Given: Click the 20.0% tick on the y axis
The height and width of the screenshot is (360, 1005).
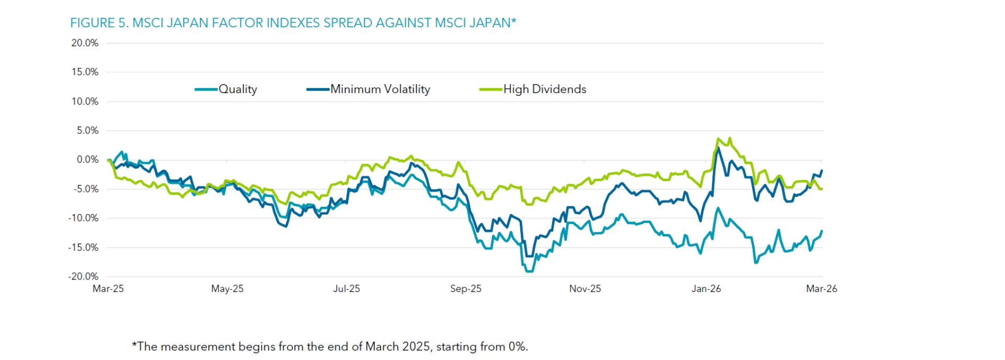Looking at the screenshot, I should [x=85, y=43].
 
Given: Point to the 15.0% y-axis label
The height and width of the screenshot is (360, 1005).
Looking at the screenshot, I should [x=85, y=72].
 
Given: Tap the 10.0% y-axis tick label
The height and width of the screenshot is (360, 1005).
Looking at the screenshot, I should [x=85, y=102].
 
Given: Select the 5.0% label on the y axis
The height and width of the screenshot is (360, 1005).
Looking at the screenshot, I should [x=87, y=130].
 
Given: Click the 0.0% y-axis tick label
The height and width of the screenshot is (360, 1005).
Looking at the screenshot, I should [x=87, y=160].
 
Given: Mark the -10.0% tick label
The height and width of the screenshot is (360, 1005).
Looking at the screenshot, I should [x=84, y=218].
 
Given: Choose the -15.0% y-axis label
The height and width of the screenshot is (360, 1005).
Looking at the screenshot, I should [x=84, y=248].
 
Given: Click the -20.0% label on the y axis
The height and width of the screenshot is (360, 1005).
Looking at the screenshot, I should [x=84, y=276].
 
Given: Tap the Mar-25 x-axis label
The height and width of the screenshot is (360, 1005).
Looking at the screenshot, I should [x=108, y=289].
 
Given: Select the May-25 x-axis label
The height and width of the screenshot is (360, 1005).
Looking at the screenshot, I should [x=227, y=289].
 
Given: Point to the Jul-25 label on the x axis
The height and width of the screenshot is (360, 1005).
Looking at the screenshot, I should [x=347, y=289].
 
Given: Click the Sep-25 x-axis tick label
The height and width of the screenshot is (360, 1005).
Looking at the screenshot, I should [x=466, y=289].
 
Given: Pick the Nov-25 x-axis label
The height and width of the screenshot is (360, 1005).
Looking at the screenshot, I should [x=585, y=289].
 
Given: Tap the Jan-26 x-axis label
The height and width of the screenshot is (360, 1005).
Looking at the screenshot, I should [x=706, y=289].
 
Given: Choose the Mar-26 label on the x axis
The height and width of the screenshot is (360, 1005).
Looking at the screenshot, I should [x=821, y=289].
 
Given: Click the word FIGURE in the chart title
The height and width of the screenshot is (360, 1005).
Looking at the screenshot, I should [x=93, y=23].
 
